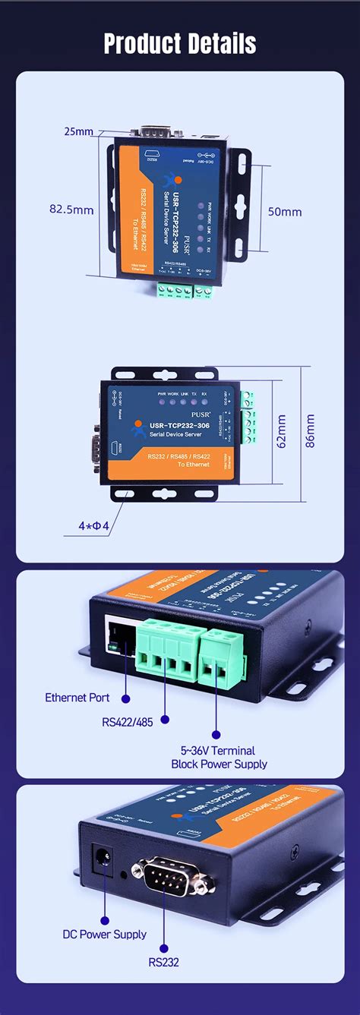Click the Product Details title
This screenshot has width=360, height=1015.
coord(180,43)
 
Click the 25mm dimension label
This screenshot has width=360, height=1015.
coord(78,131)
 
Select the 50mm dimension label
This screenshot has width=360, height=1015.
coord(285,212)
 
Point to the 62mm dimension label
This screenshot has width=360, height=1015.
coord(282,431)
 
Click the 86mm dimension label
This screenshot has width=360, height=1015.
coord(310,431)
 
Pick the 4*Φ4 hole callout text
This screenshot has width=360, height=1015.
coord(95,525)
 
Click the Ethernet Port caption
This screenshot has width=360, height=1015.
coord(77,697)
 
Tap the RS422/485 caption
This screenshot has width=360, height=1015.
coord(127,722)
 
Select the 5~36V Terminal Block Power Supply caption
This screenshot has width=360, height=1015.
coord(219,757)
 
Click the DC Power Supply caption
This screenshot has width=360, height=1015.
coord(104,934)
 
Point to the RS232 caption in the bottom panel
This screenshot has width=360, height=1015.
coord(163,962)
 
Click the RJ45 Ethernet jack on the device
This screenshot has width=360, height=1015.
coord(120,635)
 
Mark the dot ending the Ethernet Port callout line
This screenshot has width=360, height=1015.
coord(125,697)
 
